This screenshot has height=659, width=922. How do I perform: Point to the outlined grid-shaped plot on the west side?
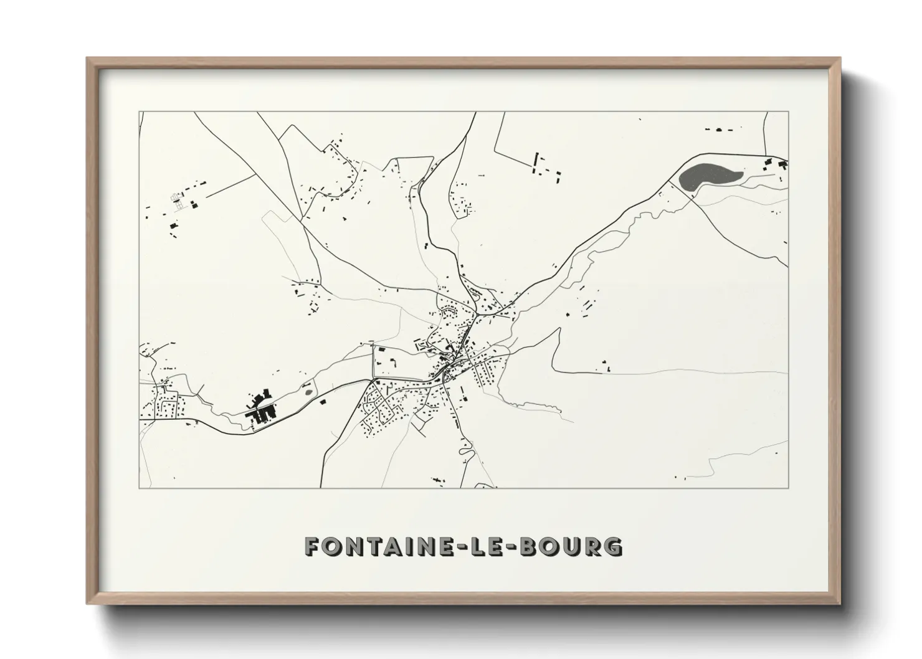tap(179, 202)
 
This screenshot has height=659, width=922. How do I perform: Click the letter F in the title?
tap(313, 546)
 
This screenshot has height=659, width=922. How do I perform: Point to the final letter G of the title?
tap(613, 546)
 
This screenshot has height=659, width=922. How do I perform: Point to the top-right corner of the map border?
tap(788, 112)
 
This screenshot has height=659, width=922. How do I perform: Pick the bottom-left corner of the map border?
tap(140, 488)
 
